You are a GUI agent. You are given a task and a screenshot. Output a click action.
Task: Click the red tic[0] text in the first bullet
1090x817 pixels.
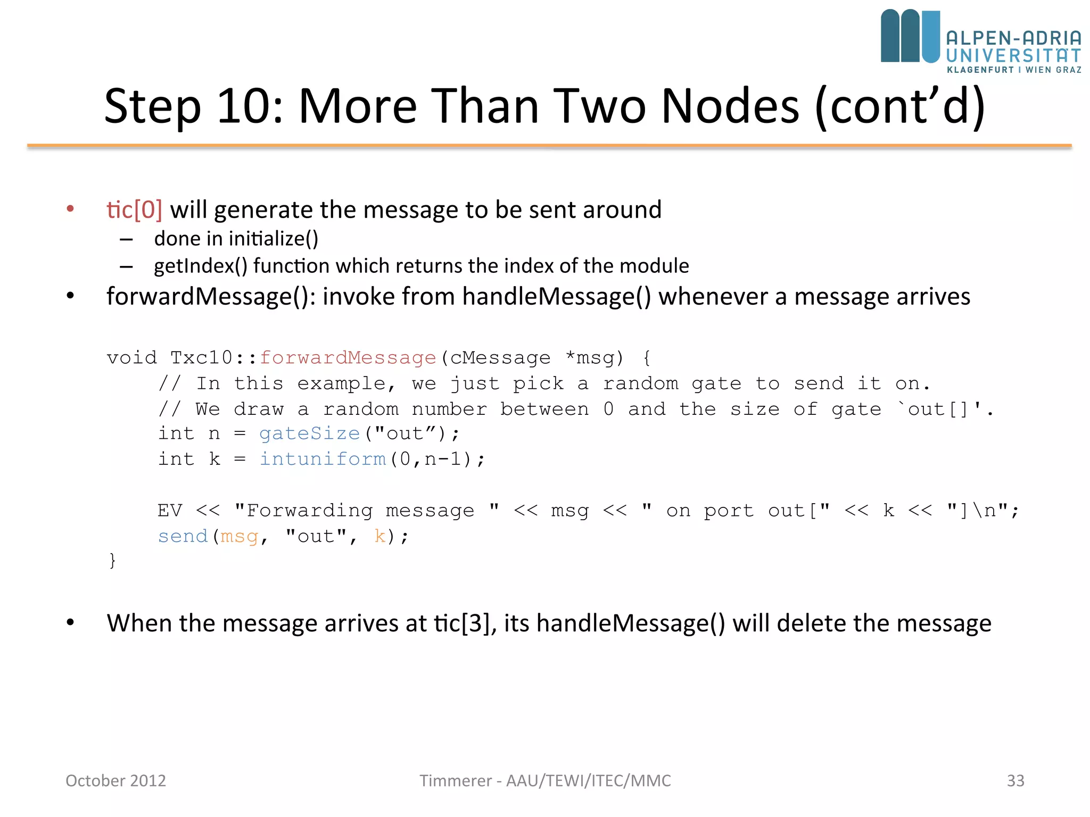pos(134,210)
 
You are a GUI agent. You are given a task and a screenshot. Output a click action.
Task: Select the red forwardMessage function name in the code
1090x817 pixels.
pos(348,358)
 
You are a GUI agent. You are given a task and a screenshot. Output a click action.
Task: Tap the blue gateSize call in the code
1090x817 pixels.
pos(309,434)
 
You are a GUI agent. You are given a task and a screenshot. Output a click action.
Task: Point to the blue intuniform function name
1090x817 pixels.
pos(323,459)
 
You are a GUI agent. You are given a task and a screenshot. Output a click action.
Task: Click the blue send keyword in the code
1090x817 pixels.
pos(182,536)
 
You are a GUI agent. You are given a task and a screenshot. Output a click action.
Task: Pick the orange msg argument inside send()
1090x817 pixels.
pos(239,536)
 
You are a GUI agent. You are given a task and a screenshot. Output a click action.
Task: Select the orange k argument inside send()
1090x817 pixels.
pos(379,536)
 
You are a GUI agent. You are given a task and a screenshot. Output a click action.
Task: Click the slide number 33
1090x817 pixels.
pos(1015,780)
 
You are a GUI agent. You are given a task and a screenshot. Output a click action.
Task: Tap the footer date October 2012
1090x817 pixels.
pos(115,780)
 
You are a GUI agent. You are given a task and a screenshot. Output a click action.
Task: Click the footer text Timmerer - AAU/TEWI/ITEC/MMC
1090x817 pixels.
pos(545,780)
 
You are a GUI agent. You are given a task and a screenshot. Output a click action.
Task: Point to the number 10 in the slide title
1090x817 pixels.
pos(244,106)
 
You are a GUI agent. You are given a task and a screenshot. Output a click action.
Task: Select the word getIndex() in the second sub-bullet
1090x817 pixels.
pos(201,266)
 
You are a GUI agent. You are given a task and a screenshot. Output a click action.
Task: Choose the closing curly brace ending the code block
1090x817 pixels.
pos(112,561)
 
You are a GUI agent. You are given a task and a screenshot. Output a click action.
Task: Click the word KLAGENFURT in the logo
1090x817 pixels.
pos(980,70)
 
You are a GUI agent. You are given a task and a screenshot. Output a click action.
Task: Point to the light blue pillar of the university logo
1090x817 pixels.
pos(930,36)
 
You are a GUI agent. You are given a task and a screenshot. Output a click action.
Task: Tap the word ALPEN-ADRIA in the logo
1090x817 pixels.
pos(1013,38)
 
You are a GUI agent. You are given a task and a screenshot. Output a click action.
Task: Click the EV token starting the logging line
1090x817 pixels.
pos(170,511)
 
